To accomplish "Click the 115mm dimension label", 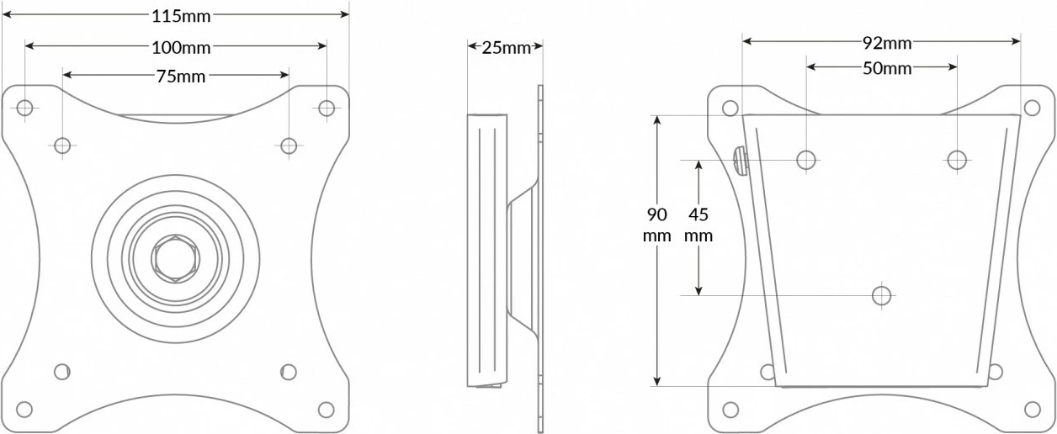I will [181, 15].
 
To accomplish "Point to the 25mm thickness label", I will [506, 47].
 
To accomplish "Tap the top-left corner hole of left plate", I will [25, 108].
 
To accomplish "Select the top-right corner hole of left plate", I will [327, 108].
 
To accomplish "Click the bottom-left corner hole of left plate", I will [25, 410].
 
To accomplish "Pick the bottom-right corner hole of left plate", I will [326, 410].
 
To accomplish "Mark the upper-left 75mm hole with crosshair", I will [62, 146].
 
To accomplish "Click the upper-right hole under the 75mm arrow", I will [289, 146].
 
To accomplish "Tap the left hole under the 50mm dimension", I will [806, 159].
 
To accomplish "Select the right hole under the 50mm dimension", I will [956, 159].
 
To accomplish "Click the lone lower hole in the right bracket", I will [881, 295].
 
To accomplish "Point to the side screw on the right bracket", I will [740, 160].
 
